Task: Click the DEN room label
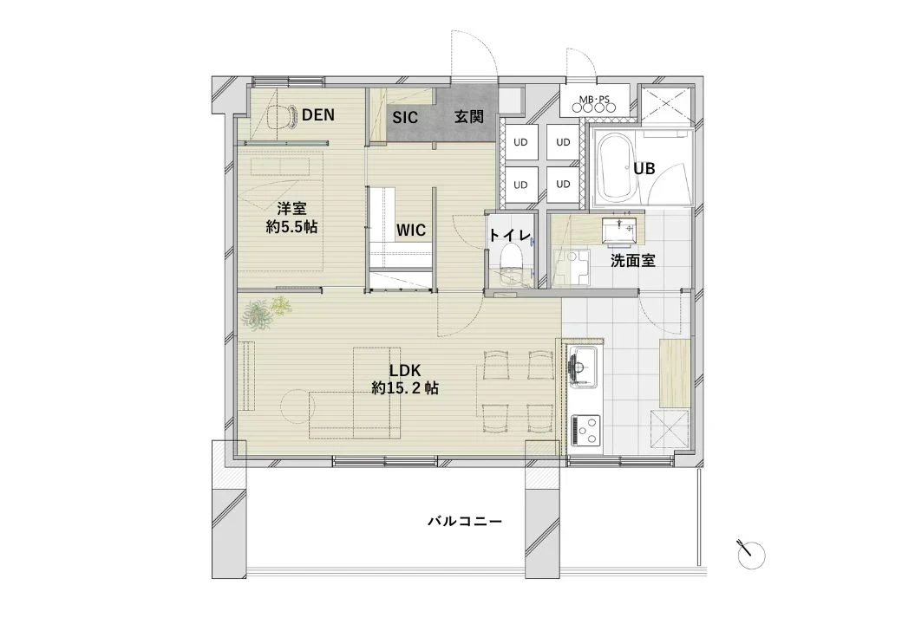318,115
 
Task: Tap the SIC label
405,118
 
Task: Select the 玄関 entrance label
469,117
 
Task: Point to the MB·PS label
594,100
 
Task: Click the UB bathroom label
644,168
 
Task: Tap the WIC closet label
411,231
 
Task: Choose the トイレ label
510,235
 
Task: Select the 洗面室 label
633,261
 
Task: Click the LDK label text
405,371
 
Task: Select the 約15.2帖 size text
405,388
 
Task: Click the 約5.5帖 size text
291,226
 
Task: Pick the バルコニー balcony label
465,522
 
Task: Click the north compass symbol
751,554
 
